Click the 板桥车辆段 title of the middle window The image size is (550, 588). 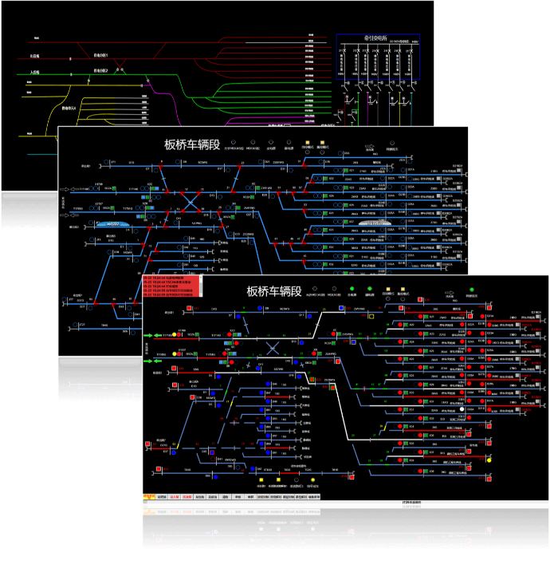[x=192, y=144]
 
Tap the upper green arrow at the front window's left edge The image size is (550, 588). [x=148, y=336]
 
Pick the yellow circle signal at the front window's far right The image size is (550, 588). [x=489, y=460]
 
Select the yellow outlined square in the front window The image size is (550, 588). [x=371, y=316]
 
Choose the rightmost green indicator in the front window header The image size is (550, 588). [x=472, y=290]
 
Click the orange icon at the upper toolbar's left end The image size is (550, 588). [x=148, y=496]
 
